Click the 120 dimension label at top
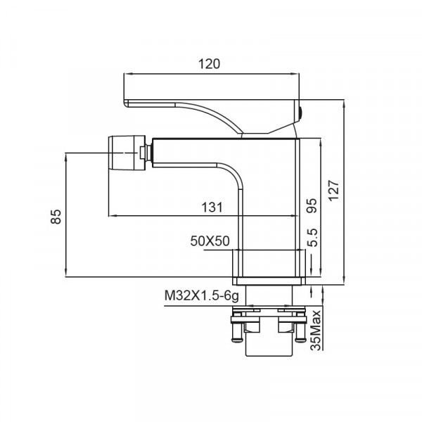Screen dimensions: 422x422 pyautogui.click(x=210, y=64)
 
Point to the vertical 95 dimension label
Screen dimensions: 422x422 pyautogui.click(x=312, y=205)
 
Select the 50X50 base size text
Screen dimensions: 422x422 pyautogui.click(x=210, y=241)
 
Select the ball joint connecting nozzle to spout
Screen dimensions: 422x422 pyautogui.click(x=145, y=153)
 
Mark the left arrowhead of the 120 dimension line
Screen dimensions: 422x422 pyautogui.click(x=126, y=73)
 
